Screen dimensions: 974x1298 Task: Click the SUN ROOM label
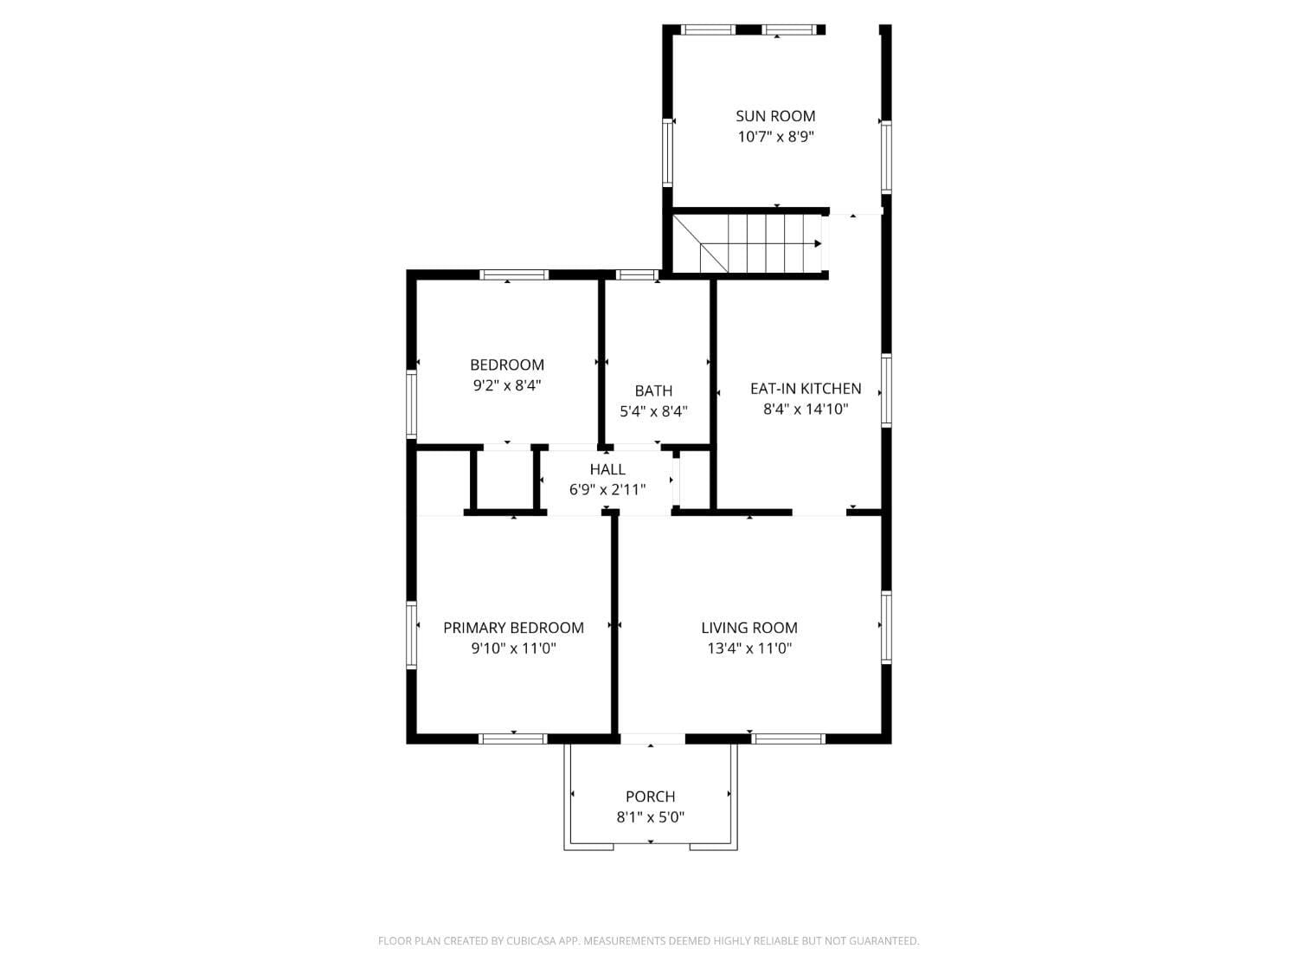pos(775,116)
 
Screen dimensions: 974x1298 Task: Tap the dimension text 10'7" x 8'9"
pos(775,137)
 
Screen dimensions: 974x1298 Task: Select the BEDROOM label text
pos(507,365)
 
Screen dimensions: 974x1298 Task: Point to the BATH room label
pos(653,391)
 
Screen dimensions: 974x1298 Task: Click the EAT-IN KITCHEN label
pos(805,389)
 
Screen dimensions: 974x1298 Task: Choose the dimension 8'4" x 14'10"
pos(805,410)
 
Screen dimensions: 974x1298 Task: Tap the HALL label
pos(607,469)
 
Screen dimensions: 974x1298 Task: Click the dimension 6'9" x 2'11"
pos(607,490)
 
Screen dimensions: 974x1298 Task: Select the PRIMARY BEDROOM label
pos(513,628)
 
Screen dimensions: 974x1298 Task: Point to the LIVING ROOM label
pos(749,628)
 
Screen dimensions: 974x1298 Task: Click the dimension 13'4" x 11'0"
pos(749,648)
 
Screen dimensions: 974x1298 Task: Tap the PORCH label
pos(650,797)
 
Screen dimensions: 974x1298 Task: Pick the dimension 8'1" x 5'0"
pos(650,817)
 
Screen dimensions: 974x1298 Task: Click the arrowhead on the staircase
pos(817,244)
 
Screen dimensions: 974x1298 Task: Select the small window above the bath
pos(637,275)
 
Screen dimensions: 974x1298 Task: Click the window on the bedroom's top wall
pos(514,275)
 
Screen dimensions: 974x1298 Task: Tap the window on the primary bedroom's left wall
pos(412,634)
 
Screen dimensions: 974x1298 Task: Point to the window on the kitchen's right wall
pos(886,390)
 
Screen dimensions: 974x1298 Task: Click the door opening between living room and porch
pos(652,739)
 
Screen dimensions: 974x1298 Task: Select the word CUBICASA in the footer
pos(530,941)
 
